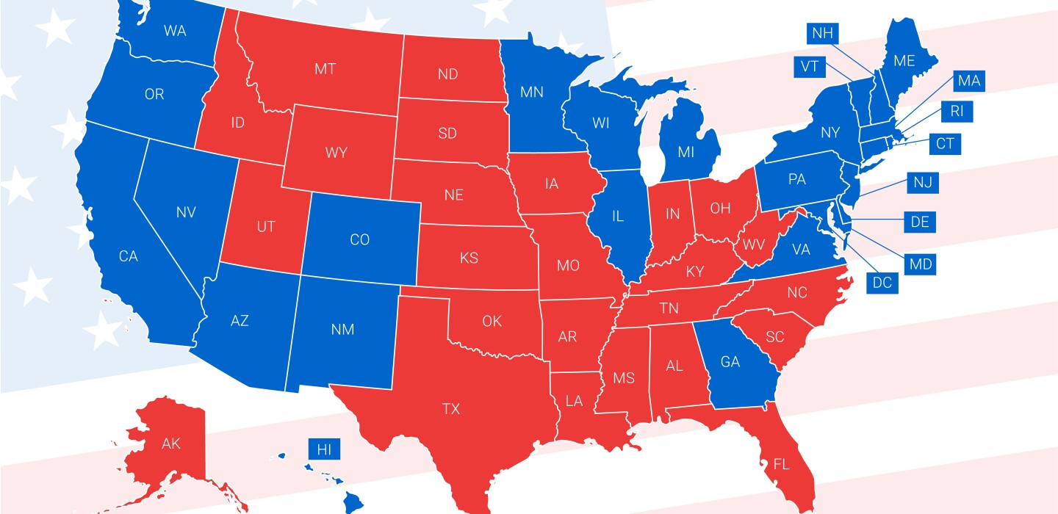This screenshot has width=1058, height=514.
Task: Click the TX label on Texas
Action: point(451,409)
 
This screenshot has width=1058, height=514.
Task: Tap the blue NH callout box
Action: point(822,33)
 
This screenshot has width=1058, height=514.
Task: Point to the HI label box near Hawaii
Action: point(324,449)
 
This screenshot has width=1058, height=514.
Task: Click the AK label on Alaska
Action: point(170,444)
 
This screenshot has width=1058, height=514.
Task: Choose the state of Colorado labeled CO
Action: point(359,239)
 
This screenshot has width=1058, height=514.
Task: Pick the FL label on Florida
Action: point(780,464)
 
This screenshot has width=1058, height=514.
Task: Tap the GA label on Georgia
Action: point(730,362)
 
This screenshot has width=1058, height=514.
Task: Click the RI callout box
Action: point(956,112)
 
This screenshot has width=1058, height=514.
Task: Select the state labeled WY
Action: point(336,153)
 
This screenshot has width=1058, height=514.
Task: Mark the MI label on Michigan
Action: point(685,153)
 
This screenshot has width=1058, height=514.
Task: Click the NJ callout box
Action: point(923,183)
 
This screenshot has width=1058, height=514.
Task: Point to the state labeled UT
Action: point(266,227)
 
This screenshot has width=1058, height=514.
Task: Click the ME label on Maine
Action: point(904,62)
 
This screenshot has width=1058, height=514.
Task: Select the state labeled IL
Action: point(617,217)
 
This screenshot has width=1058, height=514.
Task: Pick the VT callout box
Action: point(809,67)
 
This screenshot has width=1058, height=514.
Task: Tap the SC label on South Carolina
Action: point(775,337)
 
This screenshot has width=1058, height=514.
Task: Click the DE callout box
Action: point(919,222)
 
